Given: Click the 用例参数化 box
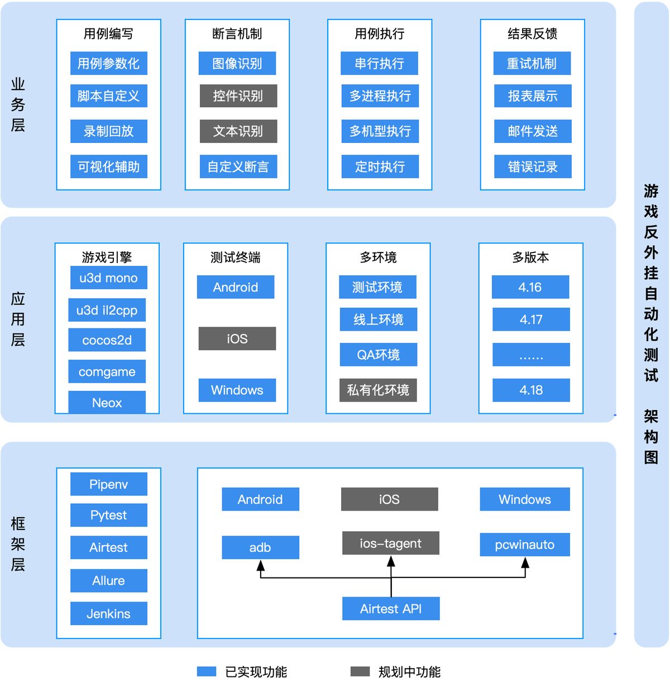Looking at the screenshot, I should point(108,64).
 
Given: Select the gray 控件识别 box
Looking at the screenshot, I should point(238,96).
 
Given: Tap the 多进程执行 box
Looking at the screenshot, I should point(380,96).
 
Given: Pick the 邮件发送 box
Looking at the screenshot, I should point(533,131).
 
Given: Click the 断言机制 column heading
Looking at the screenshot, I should point(237,34).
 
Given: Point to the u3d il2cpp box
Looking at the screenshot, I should point(107,311).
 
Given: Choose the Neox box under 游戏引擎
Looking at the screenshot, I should point(107,403).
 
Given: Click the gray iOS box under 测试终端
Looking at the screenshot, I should point(237,339).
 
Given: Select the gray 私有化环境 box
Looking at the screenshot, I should point(378,390).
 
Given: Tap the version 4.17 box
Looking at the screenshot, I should point(530,320).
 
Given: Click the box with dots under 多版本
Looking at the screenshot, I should point(530,355).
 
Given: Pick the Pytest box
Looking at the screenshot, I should point(108,515).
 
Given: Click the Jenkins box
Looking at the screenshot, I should point(108,614).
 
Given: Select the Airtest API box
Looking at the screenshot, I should point(391,609).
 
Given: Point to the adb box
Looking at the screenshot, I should point(260,548).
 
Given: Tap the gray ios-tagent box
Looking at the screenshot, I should point(390,543).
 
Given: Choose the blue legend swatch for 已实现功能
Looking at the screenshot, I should point(207,671).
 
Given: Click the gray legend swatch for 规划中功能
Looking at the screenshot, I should point(360,671).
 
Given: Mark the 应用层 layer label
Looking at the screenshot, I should point(18,319).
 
